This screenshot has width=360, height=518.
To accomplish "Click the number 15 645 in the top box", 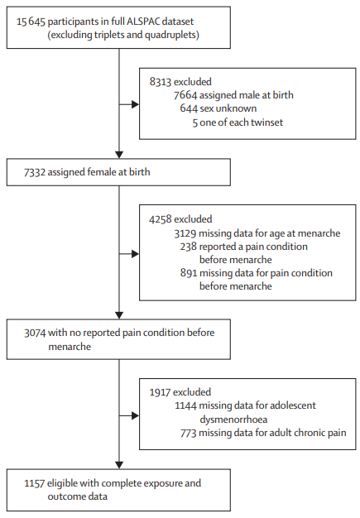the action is coord(31,22).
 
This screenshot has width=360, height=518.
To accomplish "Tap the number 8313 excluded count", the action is coord(161,82).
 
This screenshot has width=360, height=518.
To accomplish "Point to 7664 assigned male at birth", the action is coord(233,95).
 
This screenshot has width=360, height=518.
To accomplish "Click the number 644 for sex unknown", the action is coord(188,108).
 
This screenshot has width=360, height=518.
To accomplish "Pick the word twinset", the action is coord(266,122).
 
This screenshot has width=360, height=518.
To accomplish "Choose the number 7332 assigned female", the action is coord(35,172).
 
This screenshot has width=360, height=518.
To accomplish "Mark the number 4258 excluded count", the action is coord(161,219).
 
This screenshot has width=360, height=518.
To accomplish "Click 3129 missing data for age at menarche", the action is coord(257,233).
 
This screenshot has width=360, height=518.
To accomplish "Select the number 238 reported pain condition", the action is coord(188,247).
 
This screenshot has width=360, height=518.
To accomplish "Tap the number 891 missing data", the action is coord(189,273).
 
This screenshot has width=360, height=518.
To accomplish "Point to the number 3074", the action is coord(35,333).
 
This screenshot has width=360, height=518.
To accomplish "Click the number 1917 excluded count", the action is coord(161,392).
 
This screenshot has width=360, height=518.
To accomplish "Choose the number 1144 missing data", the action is coord(185,405).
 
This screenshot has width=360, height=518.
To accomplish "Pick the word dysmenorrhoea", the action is coord(233,420).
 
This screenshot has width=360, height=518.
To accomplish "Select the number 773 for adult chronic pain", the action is coord(189,433).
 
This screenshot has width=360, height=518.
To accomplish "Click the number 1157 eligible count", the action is coord(35,483).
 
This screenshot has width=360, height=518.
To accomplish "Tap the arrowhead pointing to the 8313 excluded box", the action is coord(135,104).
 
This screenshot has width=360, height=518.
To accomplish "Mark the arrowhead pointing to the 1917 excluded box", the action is coord(135,415).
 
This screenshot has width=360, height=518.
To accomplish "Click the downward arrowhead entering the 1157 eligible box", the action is coord(119,465).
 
